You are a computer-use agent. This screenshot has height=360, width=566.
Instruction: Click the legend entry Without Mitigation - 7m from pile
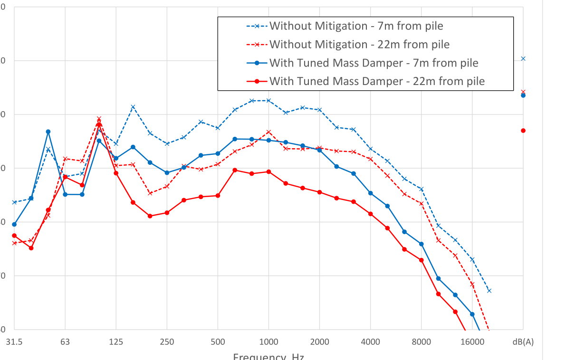coord(356,26)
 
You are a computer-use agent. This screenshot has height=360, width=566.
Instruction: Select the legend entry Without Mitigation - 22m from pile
coord(359,44)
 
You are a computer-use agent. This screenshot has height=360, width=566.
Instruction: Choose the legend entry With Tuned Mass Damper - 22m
coord(377,81)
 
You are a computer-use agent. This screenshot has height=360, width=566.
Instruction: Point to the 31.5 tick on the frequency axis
coord(14,342)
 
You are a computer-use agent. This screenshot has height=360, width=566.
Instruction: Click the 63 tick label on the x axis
coord(65,342)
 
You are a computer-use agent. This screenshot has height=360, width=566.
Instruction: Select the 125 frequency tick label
coord(116,342)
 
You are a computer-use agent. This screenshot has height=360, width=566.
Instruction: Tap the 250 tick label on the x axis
coord(167,342)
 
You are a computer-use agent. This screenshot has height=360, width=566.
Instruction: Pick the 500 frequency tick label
coord(218,342)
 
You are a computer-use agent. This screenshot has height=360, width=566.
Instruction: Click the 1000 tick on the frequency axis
coord(269,342)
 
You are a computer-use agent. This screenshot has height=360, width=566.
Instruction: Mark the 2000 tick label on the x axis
coord(319,342)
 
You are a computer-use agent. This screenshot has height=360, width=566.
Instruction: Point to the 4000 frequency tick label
coord(370,342)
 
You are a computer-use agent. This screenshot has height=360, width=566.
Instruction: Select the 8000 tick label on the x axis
coord(421,342)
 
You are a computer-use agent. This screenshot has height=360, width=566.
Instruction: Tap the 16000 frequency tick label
coord(472,342)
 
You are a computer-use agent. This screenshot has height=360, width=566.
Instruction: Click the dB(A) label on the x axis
coord(523,342)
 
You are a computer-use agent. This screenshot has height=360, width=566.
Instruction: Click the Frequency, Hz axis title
coord(269,356)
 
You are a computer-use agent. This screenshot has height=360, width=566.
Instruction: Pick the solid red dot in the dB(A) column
coord(523,131)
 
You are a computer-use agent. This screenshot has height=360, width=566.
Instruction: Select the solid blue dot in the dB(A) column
coord(523,95)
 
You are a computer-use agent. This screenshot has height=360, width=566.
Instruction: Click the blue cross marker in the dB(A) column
coord(523,58)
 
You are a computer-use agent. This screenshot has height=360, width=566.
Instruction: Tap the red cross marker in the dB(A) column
coord(523,92)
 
